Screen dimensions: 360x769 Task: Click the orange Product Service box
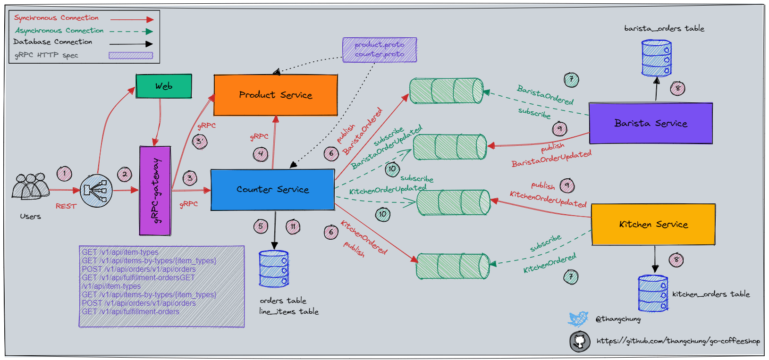(x=276, y=95)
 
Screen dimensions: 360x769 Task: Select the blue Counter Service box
(x=272, y=189)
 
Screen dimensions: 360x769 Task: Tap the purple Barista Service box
(x=651, y=123)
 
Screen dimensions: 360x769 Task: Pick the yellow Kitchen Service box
(x=653, y=224)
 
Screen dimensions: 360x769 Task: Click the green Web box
(x=164, y=86)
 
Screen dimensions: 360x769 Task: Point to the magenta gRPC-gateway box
(x=155, y=191)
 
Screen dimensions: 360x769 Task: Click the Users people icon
(x=30, y=187)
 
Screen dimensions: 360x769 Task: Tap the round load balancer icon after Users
(x=96, y=191)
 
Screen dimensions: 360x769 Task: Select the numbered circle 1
(x=64, y=174)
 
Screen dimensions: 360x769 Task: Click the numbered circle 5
(x=261, y=226)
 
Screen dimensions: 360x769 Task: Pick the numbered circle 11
(x=293, y=226)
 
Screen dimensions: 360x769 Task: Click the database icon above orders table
(x=274, y=269)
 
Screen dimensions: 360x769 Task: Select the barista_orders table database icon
(x=656, y=58)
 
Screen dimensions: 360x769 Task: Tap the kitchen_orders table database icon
(x=653, y=293)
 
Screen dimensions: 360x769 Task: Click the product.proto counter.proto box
(x=380, y=50)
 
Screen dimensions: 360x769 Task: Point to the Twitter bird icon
(x=578, y=319)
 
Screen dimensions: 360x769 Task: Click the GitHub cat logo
(x=580, y=341)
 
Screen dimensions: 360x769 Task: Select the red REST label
(x=66, y=206)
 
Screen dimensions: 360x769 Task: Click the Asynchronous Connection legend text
(x=59, y=31)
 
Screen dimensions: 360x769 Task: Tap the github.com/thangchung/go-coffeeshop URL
(x=678, y=341)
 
